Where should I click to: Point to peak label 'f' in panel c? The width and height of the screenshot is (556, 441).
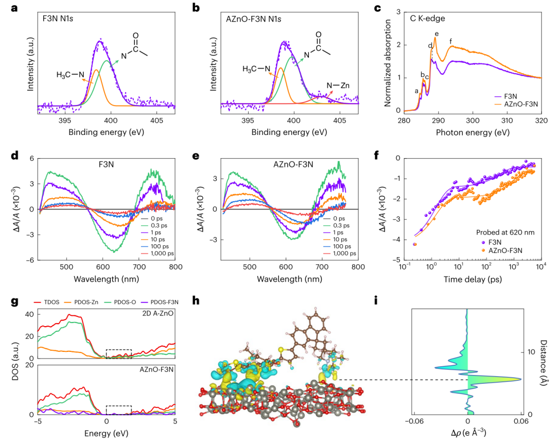451,42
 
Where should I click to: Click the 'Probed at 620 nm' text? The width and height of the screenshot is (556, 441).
505,231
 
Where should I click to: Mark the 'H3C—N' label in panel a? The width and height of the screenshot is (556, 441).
70,75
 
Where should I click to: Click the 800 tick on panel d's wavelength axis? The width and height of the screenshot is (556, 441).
176,267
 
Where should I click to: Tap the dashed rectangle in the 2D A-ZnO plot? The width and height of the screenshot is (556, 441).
118,353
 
